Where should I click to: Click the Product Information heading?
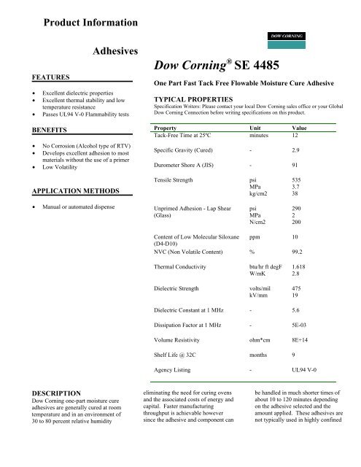[91, 23]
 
